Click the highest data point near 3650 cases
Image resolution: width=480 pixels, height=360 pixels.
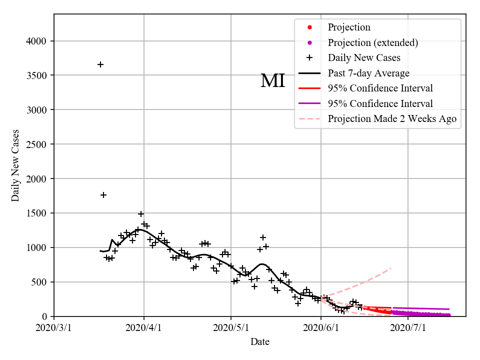(x=100, y=64)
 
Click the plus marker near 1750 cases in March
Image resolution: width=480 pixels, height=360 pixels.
(x=103, y=195)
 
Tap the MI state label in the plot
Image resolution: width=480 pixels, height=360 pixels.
(x=272, y=81)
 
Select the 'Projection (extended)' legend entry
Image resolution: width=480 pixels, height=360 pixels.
(x=372, y=42)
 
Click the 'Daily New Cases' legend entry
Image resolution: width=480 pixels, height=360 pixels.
(x=364, y=58)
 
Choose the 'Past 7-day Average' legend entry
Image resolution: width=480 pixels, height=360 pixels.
(x=368, y=73)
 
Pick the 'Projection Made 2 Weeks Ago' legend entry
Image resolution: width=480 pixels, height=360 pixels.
(x=392, y=119)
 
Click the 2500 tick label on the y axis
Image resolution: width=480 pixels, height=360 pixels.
(x=38, y=144)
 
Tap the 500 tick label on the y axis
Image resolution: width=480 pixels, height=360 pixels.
(x=40, y=282)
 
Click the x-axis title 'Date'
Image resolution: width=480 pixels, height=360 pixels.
(x=260, y=342)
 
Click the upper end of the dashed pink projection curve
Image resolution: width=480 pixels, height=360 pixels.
(x=390, y=268)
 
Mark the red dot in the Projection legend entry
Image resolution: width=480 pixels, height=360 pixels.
(x=309, y=27)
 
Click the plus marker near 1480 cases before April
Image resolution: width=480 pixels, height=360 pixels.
(x=141, y=214)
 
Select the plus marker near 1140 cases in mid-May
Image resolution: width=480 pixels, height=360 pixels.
(x=263, y=237)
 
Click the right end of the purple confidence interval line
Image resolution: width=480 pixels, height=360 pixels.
(x=449, y=309)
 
